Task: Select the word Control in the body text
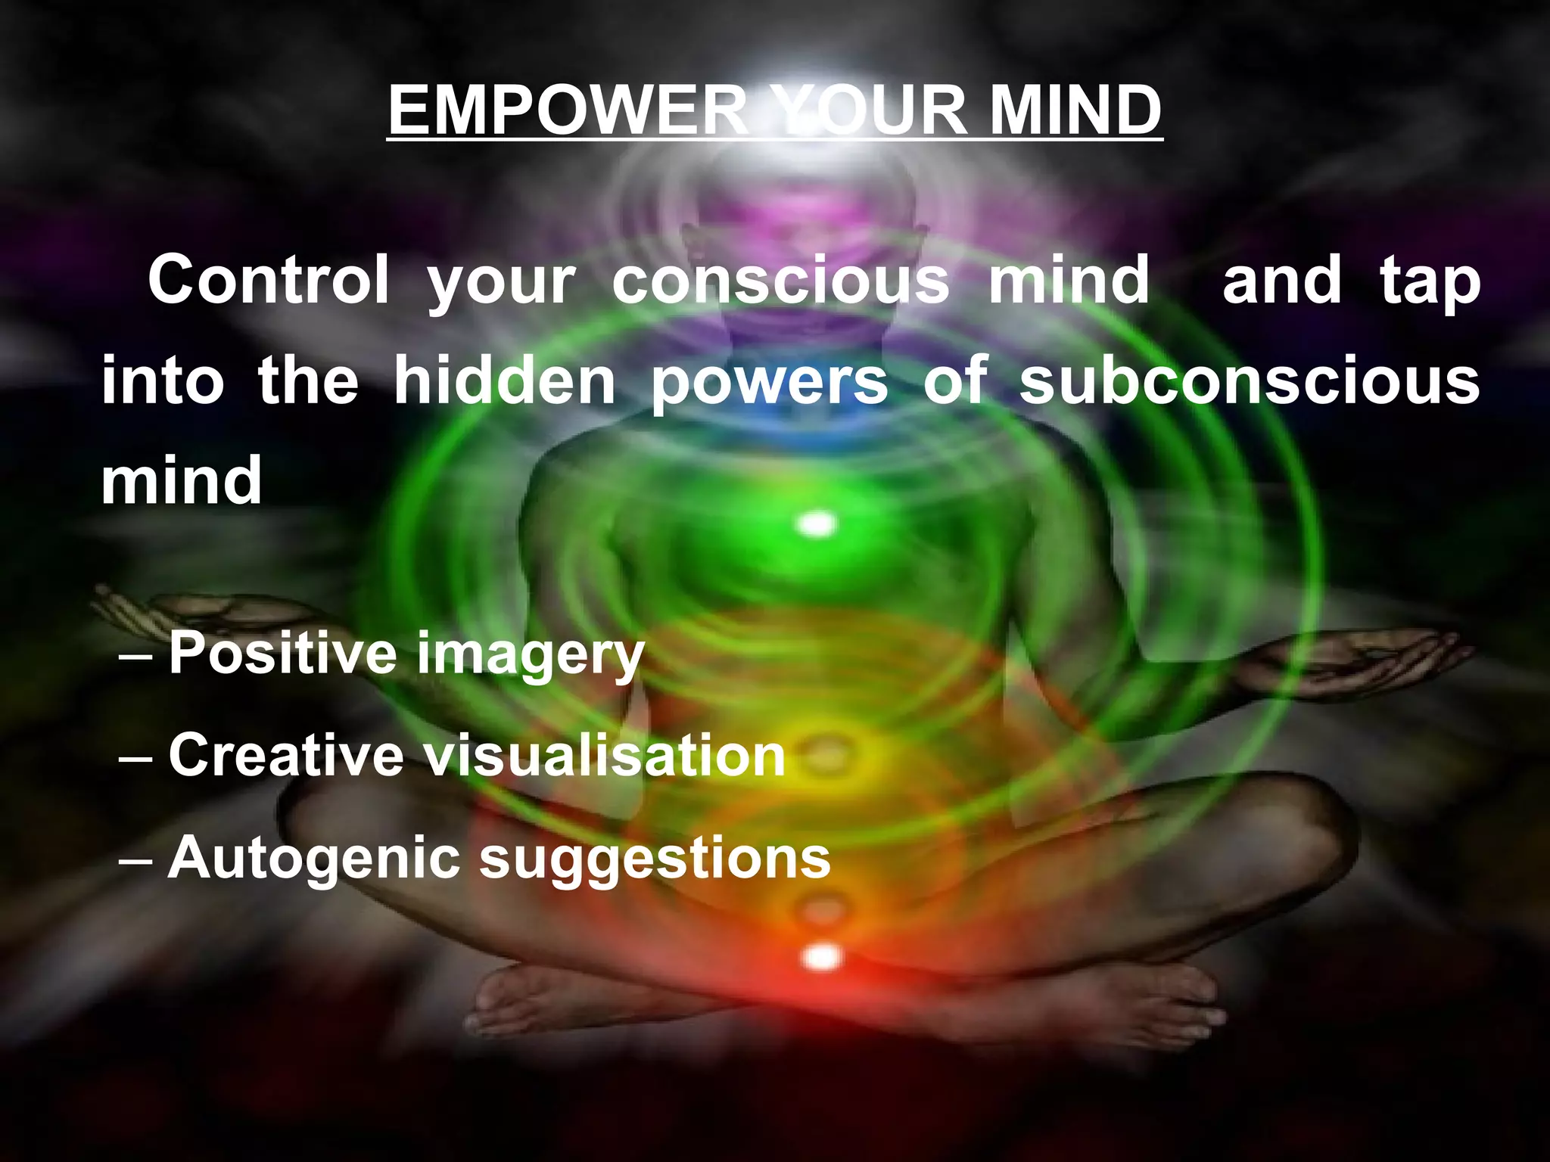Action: tap(269, 280)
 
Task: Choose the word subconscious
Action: tap(1250, 381)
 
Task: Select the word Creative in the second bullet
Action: tap(286, 754)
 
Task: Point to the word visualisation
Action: tap(604, 754)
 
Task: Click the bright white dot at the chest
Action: tap(817, 524)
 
